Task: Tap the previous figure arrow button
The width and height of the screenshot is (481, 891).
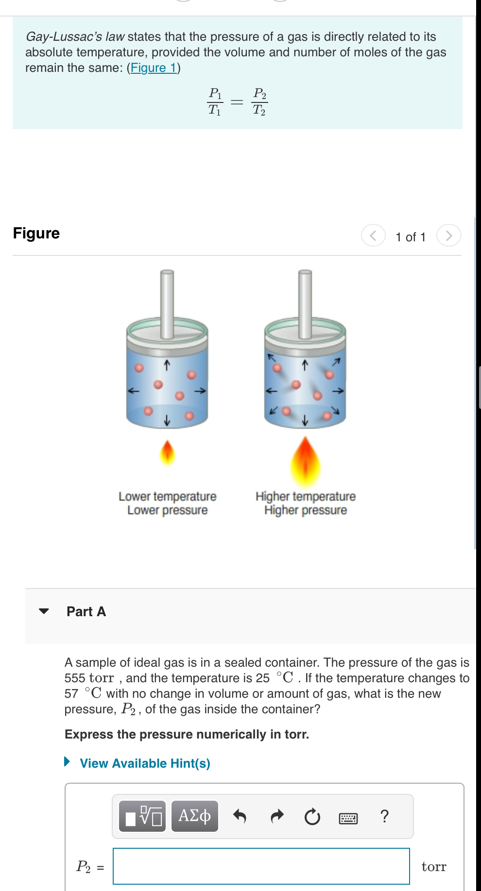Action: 373,235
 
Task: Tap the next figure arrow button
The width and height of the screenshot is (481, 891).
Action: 448,235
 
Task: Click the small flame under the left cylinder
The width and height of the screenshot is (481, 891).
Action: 167,453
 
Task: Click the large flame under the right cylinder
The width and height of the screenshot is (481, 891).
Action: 305,462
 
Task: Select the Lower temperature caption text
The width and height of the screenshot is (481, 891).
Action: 167,496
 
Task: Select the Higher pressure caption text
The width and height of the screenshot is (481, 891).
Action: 305,510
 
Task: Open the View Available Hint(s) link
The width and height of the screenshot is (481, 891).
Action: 144,763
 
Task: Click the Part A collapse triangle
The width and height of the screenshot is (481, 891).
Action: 44,611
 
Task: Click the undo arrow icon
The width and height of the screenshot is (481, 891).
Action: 240,816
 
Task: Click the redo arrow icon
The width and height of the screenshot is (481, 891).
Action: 276,816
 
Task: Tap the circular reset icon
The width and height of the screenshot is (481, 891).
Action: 312,817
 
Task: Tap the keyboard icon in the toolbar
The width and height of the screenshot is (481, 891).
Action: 348,819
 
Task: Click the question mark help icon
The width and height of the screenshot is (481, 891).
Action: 384,816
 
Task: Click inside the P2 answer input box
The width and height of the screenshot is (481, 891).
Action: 261,866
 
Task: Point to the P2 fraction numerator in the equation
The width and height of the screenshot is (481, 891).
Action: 259,93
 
